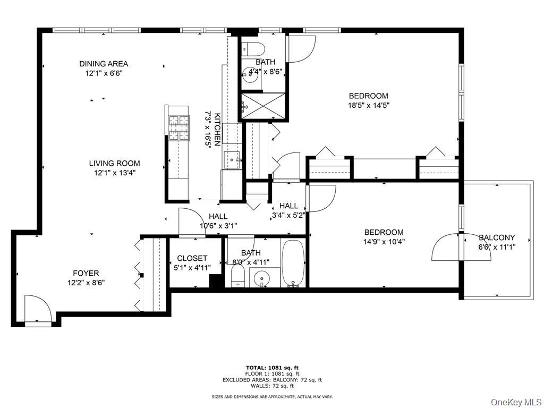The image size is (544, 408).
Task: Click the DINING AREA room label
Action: pyautogui.click(x=104, y=64)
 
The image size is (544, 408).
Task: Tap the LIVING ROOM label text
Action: pyautogui.click(x=114, y=163)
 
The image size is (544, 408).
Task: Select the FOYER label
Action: pyautogui.click(x=86, y=274)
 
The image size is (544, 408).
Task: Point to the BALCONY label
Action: pyautogui.click(x=497, y=237)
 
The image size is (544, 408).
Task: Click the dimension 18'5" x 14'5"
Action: pyautogui.click(x=368, y=105)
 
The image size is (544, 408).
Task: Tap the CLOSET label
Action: pyautogui.click(x=192, y=258)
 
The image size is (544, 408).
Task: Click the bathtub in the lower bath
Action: pyautogui.click(x=293, y=263)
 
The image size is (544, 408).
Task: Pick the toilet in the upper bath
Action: pyautogui.click(x=253, y=49)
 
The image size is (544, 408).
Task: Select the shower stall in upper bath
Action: pyautogui.click(x=263, y=107)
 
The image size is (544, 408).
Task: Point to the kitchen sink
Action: pyautogui.click(x=231, y=159)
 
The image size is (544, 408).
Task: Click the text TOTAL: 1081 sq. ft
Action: pyautogui.click(x=272, y=368)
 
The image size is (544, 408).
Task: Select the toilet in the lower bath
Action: pyautogui.click(x=237, y=275)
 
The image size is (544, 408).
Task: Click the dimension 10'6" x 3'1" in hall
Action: pyautogui.click(x=218, y=225)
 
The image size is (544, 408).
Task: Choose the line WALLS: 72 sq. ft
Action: pyautogui.click(x=272, y=386)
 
